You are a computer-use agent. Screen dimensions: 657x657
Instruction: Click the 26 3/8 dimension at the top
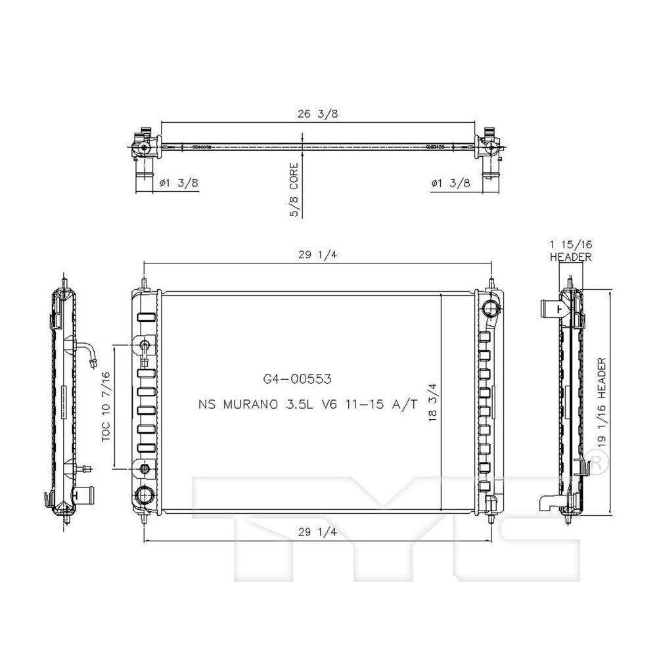point(317,114)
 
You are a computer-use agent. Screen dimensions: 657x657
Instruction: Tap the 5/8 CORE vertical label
point(294,190)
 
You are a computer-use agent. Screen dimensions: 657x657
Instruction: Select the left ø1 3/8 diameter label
point(179,185)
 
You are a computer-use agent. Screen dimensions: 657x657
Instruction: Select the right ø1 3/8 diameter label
point(451,185)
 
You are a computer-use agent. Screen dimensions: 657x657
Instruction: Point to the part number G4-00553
point(296,379)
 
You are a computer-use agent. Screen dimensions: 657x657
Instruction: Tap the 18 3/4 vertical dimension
point(432,405)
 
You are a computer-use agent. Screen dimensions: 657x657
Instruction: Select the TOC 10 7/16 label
point(106,406)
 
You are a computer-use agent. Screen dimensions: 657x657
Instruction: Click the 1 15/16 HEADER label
point(570,250)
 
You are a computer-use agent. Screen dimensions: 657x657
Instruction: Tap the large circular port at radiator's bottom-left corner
point(144,495)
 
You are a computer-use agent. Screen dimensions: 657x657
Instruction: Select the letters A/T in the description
point(405,405)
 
